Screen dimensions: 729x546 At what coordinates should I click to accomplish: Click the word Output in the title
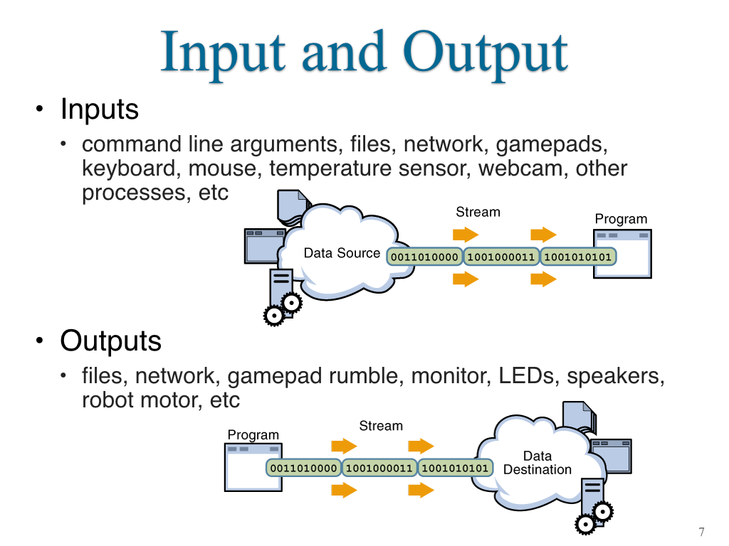tap(485, 53)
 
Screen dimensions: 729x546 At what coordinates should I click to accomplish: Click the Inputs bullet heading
tap(100, 110)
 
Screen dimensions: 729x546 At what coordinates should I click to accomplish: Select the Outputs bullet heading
tap(110, 341)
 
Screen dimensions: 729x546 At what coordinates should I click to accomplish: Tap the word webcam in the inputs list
tap(520, 168)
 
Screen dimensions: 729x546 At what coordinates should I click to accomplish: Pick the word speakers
tap(616, 377)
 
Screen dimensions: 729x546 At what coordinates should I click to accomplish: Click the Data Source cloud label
tap(342, 253)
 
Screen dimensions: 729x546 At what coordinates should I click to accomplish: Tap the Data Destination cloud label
tap(537, 463)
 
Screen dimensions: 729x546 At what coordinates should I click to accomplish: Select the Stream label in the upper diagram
tap(478, 212)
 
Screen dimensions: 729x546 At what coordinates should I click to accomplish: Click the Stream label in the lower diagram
tap(381, 426)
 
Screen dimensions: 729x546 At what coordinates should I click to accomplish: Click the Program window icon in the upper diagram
tap(622, 254)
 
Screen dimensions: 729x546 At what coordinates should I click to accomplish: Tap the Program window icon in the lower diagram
tap(253, 467)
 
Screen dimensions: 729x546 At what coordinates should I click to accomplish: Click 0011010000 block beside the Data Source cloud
tap(424, 257)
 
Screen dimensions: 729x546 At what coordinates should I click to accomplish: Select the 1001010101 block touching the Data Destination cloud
tap(455, 468)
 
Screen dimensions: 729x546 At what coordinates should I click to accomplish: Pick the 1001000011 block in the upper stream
tap(501, 257)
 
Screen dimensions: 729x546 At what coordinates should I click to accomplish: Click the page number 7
tap(701, 532)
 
